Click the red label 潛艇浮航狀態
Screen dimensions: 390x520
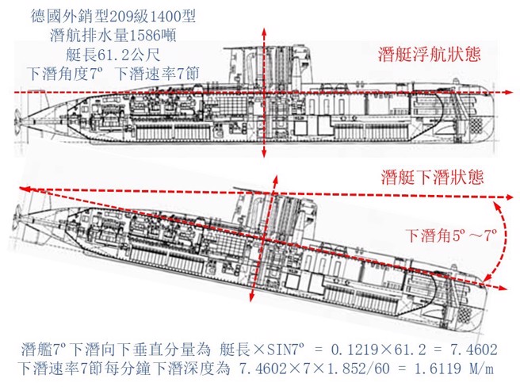431,57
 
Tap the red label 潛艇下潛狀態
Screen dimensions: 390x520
431,176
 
